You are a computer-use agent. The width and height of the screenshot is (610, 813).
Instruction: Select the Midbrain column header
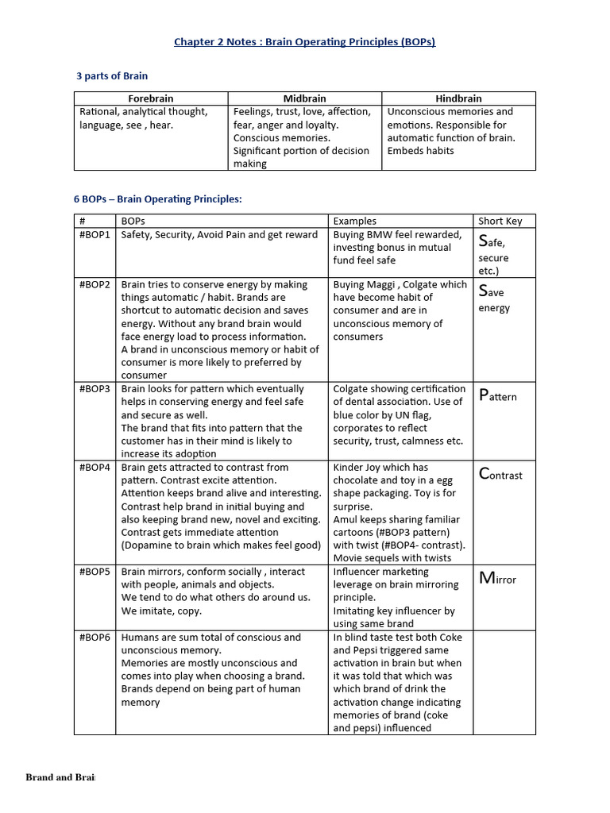click(305, 98)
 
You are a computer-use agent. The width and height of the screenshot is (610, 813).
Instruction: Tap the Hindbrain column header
click(458, 98)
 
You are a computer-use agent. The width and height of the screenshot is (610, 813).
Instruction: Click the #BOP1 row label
click(95, 235)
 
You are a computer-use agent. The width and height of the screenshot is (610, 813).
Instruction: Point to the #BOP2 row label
click(95, 284)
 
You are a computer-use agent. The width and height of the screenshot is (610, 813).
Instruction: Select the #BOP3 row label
click(95, 389)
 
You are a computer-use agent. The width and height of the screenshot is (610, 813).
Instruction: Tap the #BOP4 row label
click(95, 468)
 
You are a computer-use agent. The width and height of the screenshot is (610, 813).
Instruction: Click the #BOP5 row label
click(95, 572)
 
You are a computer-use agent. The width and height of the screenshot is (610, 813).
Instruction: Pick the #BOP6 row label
click(95, 638)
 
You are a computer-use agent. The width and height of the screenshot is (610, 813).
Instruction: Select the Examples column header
click(355, 222)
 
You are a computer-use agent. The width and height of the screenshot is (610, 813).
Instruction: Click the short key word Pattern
click(498, 395)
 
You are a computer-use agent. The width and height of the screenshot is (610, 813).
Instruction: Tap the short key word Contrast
click(500, 475)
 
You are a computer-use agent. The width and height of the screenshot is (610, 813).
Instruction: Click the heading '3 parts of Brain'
click(112, 76)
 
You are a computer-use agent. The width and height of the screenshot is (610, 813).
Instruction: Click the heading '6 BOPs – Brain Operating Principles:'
click(157, 199)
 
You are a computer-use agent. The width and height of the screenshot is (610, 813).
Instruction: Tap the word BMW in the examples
click(384, 235)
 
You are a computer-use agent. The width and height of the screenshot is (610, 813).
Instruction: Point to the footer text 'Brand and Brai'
click(60, 777)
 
